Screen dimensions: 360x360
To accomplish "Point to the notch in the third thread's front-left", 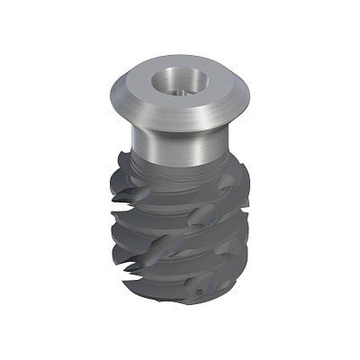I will [144, 238].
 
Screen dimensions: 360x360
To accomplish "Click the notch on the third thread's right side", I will [225, 236].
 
